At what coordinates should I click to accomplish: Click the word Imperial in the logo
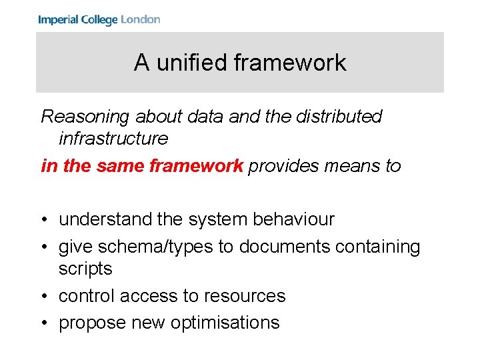[59, 19]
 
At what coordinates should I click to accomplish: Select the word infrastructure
[113, 139]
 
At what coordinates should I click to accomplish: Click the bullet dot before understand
[45, 220]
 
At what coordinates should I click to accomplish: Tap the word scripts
[85, 269]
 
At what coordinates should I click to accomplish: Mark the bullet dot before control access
[45, 297]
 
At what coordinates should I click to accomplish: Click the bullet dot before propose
[45, 323]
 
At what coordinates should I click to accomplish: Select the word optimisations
[225, 323]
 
